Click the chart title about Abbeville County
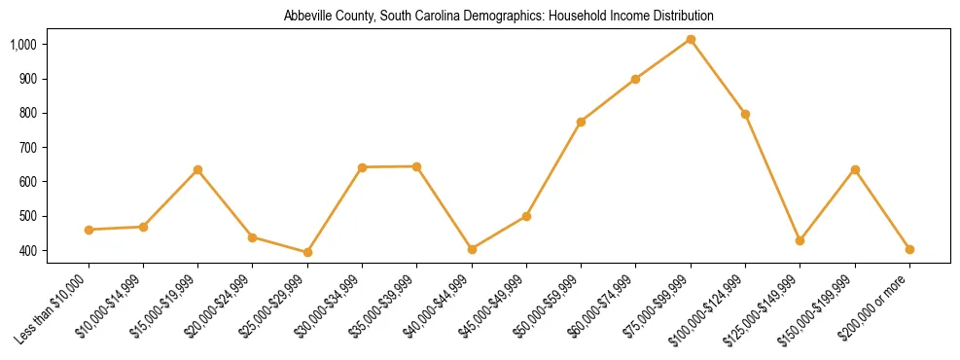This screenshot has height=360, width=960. tap(499, 17)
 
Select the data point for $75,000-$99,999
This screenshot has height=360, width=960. tap(691, 39)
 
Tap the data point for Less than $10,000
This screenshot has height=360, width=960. tap(89, 230)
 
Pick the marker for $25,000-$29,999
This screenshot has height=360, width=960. tap(307, 252)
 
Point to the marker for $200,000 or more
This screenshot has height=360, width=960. tap(909, 249)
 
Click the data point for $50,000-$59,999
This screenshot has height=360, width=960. tap(581, 122)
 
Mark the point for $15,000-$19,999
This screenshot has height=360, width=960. tap(198, 169)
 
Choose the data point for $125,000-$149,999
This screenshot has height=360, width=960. tap(800, 240)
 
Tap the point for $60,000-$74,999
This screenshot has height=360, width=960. tap(635, 79)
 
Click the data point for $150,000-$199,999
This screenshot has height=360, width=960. tap(855, 169)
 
